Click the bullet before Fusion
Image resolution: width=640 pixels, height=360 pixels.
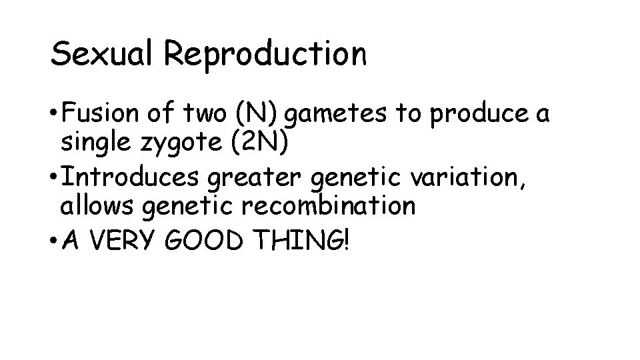click(x=53, y=115)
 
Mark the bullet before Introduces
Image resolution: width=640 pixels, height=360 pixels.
click(x=53, y=177)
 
